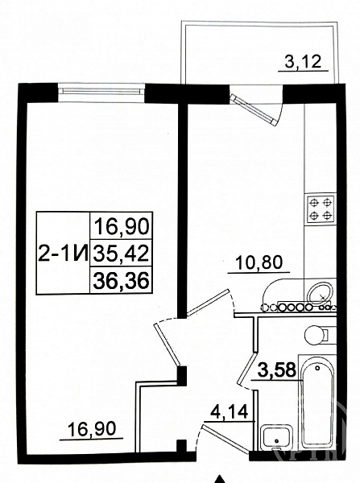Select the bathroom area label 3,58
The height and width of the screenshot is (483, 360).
277,370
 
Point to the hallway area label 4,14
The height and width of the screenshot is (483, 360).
230,412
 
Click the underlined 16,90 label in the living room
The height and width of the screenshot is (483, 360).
92,429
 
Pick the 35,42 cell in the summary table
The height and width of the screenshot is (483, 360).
121,254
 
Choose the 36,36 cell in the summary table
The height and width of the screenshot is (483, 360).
121,281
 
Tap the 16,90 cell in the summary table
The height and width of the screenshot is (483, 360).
122,226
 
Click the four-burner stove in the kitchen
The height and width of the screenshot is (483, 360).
321,209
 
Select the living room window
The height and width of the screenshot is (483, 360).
101,90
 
